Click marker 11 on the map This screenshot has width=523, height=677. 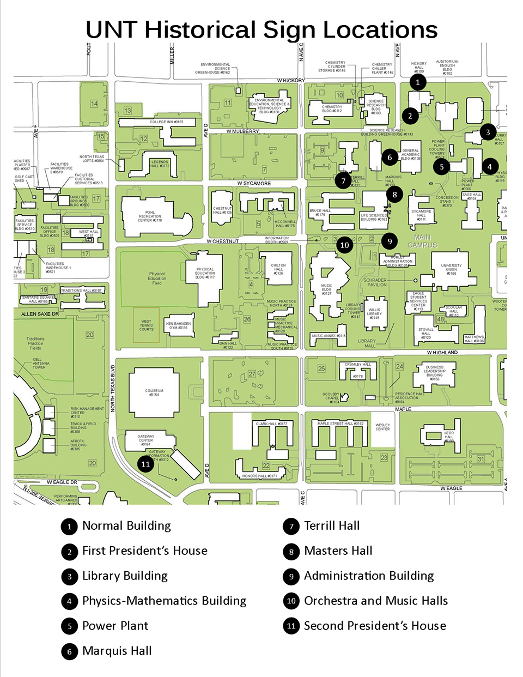(145, 464)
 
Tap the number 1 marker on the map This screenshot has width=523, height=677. (418, 82)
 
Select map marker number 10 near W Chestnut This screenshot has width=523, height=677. (344, 245)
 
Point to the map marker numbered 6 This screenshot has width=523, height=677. (390, 158)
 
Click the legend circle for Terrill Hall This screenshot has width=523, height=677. (291, 526)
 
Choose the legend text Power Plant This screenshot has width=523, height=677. (115, 626)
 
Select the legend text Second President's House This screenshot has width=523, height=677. (375, 626)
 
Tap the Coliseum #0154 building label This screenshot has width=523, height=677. (154, 392)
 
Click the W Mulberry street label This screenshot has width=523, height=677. (243, 131)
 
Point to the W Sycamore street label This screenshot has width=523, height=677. (254, 183)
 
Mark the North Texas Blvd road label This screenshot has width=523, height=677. (113, 388)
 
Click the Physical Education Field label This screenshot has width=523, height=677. (157, 278)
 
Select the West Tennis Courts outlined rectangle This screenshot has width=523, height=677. (146, 325)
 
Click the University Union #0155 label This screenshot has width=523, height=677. (451, 269)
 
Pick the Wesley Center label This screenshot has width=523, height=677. (382, 426)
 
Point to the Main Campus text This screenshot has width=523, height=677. (422, 241)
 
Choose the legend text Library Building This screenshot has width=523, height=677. (125, 576)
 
